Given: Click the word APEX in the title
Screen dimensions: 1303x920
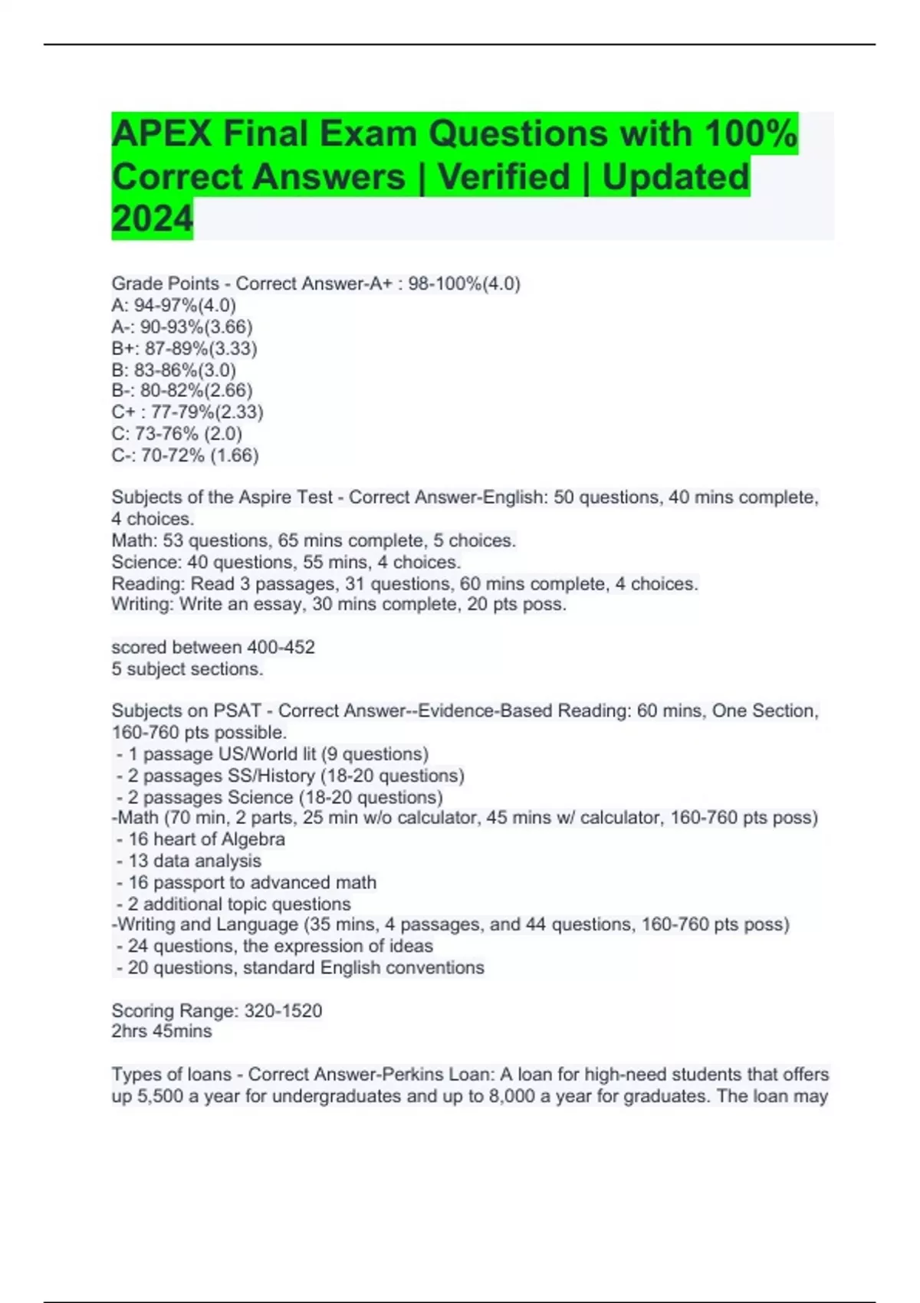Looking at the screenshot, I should (x=162, y=134).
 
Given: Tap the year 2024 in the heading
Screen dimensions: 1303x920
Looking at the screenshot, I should (x=152, y=219).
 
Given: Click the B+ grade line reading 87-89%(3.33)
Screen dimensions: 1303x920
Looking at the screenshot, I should (x=184, y=349).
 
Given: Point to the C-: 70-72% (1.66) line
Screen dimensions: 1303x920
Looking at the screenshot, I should (x=185, y=455).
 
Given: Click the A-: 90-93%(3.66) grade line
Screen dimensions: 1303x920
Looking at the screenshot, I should (x=182, y=327).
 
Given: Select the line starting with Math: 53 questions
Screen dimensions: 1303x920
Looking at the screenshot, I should (x=314, y=540).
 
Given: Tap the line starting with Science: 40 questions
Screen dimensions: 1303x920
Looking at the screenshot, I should (x=286, y=562).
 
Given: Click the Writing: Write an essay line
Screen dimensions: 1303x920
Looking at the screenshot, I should (x=339, y=604).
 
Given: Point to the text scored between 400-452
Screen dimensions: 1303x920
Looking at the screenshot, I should (x=213, y=647).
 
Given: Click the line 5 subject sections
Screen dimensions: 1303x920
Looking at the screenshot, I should (x=187, y=668).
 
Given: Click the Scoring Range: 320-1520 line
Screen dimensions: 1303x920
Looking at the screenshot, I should (x=217, y=1010).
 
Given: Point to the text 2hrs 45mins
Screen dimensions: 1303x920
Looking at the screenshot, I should (x=162, y=1031).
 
